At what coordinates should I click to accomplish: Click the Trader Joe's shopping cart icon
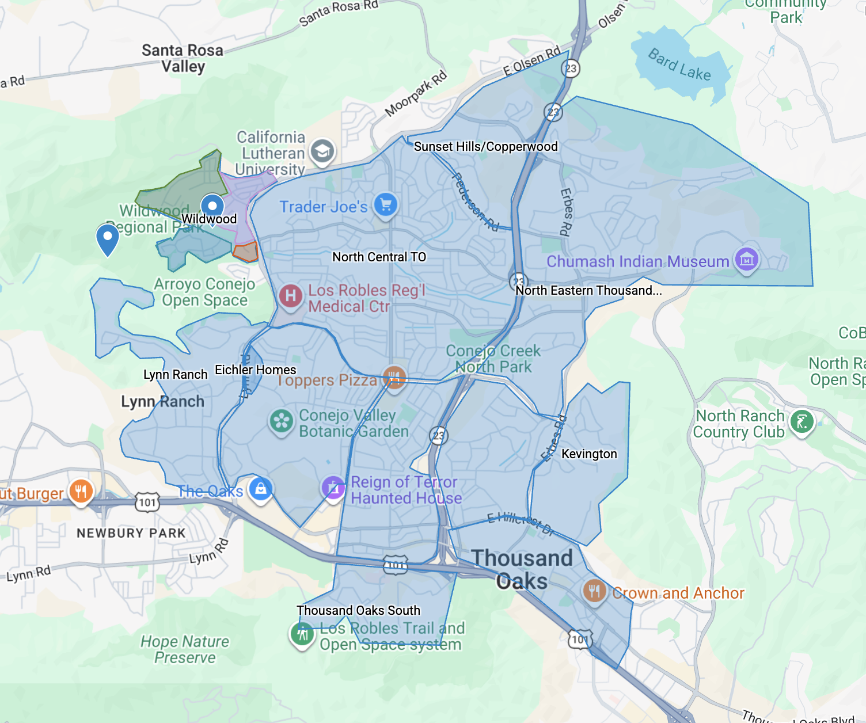tap(386, 204)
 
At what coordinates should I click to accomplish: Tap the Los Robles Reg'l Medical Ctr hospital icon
tap(291, 296)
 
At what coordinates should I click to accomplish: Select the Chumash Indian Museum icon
tap(746, 260)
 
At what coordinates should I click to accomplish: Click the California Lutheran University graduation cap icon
tap(322, 151)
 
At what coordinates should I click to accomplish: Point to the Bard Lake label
tap(679, 64)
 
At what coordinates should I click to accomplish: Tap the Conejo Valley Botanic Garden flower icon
tap(281, 421)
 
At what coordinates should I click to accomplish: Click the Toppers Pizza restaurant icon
tap(394, 378)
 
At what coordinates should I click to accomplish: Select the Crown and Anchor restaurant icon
tap(594, 591)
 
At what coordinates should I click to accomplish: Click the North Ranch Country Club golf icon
tap(802, 422)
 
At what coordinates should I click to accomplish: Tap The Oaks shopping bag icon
tap(261, 489)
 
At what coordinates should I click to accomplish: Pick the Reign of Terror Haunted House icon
tap(333, 488)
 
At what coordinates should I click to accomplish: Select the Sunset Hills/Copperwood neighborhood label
tap(485, 146)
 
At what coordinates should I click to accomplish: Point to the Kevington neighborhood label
tap(589, 454)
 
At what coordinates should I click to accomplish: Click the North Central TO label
tap(379, 257)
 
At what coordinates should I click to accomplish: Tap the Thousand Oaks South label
tap(358, 610)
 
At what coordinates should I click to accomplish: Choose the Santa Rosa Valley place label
tap(183, 58)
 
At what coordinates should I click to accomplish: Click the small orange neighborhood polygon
tap(246, 252)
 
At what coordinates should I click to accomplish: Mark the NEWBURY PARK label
tap(131, 533)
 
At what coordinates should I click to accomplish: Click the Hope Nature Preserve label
tap(185, 649)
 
